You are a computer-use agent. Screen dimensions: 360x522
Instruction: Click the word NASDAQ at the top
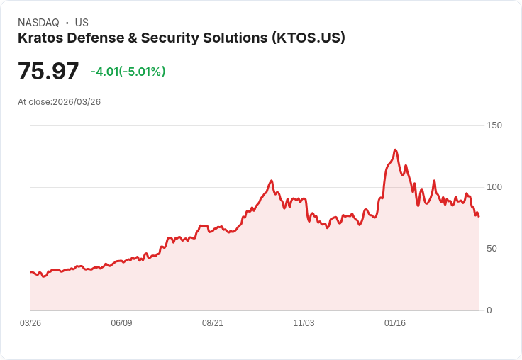pyautogui.click(x=38, y=23)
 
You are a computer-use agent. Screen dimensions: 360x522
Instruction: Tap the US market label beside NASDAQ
pyautogui.click(x=82, y=23)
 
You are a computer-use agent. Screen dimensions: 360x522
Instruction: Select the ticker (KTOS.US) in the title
pyautogui.click(x=309, y=38)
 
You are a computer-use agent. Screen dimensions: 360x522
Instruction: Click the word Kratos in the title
pyautogui.click(x=40, y=38)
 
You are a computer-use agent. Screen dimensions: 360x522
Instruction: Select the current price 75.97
pyautogui.click(x=48, y=71)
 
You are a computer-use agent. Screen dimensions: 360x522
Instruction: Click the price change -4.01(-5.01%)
pyautogui.click(x=128, y=72)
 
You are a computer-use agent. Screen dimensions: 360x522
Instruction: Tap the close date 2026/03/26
pyautogui.click(x=77, y=102)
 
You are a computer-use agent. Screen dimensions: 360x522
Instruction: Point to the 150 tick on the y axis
pyautogui.click(x=494, y=125)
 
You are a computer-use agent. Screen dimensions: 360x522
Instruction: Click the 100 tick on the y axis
pyautogui.click(x=494, y=187)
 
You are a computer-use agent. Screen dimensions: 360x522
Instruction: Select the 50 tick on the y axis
pyautogui.click(x=492, y=249)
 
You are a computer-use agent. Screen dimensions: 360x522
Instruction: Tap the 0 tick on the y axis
pyautogui.click(x=489, y=310)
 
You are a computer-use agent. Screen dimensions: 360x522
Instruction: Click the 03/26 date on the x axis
pyautogui.click(x=30, y=323)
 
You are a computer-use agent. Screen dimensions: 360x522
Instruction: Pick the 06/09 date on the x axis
pyautogui.click(x=121, y=323)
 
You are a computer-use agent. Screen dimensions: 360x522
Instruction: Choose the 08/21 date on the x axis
pyautogui.click(x=213, y=323)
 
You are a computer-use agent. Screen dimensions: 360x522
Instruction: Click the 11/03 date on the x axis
pyautogui.click(x=304, y=323)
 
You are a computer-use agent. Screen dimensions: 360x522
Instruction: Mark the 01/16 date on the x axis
pyautogui.click(x=395, y=323)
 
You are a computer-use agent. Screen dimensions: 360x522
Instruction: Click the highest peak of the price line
pyautogui.click(x=395, y=150)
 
